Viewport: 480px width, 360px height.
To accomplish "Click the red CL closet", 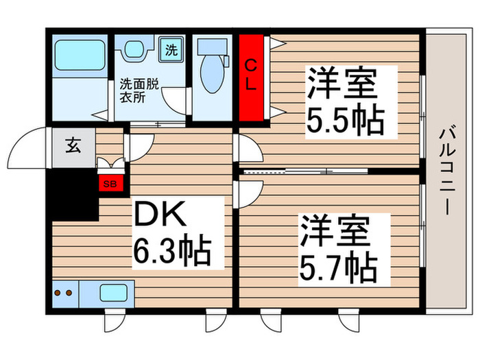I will click(252, 77).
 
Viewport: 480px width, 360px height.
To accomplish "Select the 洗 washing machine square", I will click(171, 49).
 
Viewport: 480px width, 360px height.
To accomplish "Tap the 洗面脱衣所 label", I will click(140, 91).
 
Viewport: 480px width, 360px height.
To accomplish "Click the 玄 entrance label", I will click(72, 145).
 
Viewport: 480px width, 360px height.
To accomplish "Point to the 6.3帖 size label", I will click(173, 252).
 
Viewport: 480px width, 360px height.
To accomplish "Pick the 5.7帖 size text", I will click(335, 265).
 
